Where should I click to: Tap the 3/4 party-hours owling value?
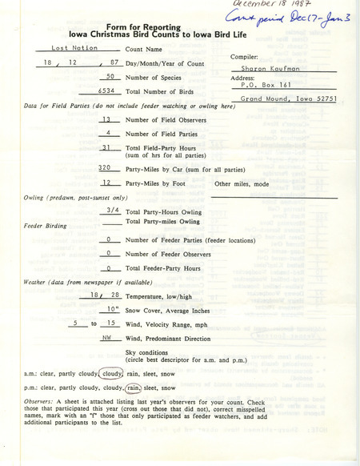tap(110, 208)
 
